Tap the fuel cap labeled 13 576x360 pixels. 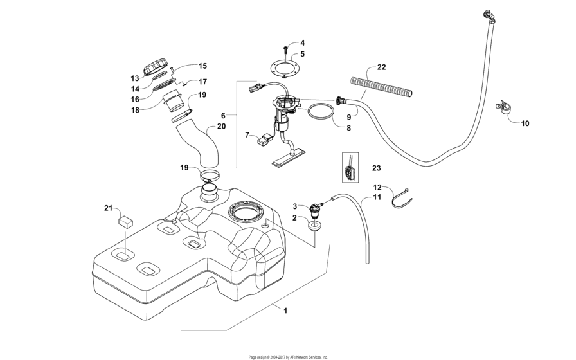tap(157, 67)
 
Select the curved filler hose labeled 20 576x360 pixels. tap(202, 143)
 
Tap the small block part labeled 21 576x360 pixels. tap(125, 221)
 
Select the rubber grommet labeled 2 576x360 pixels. tap(314, 226)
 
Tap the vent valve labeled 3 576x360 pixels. tap(316, 208)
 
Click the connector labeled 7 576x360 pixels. tap(265, 138)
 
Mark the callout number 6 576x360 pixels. tap(223, 116)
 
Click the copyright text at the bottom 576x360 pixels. tap(288, 356)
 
